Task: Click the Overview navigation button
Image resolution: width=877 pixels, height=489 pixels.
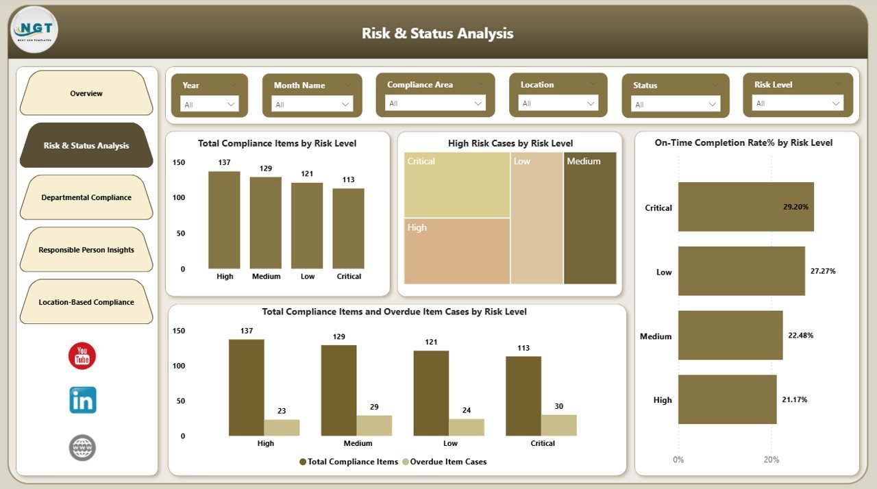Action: tap(86, 93)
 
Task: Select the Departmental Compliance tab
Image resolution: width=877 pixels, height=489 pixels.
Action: tap(86, 197)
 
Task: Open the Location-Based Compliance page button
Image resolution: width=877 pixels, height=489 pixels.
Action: tap(86, 302)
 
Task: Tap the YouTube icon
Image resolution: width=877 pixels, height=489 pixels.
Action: tap(82, 356)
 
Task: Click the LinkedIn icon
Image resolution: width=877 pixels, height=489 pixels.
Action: tap(83, 400)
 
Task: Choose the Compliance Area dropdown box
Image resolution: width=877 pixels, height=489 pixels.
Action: tap(435, 103)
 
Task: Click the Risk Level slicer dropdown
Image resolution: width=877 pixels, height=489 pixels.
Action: tap(798, 103)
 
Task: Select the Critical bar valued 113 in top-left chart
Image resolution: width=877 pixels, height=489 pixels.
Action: tap(349, 228)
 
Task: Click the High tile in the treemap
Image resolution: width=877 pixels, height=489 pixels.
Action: tap(457, 251)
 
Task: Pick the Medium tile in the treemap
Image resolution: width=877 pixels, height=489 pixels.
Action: tap(590, 218)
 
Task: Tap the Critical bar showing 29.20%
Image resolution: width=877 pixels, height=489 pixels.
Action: tap(745, 207)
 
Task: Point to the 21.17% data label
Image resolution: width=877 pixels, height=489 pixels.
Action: tap(794, 400)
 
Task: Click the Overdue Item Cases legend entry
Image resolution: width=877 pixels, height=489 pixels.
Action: tap(445, 462)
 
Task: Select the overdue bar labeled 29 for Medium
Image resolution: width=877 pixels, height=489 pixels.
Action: tap(374, 425)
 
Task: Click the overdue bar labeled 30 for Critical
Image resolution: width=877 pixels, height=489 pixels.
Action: tap(558, 425)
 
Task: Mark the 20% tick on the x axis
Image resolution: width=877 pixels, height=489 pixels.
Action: tap(771, 460)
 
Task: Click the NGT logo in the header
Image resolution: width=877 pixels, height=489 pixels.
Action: tap(35, 29)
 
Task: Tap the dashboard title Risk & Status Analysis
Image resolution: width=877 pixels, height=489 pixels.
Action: tap(437, 34)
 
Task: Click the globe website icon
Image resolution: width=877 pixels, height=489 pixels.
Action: tap(82, 448)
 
